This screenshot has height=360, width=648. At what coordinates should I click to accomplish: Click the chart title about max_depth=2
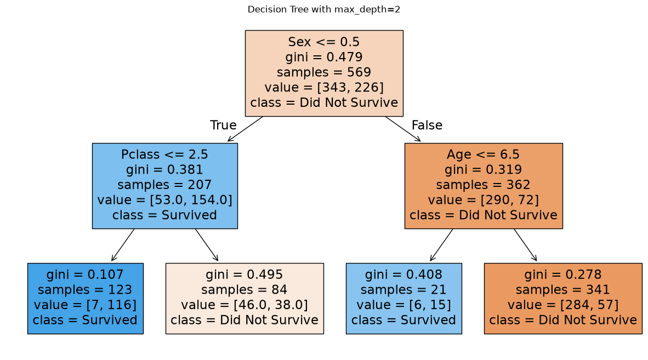pyautogui.click(x=323, y=9)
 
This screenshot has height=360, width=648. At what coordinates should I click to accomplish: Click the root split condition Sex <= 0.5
pyautogui.click(x=324, y=42)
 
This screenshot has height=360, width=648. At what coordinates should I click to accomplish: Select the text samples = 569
pyautogui.click(x=324, y=72)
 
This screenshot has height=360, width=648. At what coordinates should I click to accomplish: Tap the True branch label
pyautogui.click(x=223, y=125)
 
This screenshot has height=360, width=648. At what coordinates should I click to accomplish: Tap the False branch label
pyautogui.click(x=427, y=125)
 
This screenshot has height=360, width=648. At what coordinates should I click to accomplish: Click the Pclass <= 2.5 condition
pyautogui.click(x=164, y=155)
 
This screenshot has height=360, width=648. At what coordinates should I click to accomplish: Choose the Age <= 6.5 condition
pyautogui.click(x=483, y=155)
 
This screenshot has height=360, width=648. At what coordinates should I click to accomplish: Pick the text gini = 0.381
pyautogui.click(x=164, y=170)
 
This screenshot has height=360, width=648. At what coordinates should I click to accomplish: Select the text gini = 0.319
pyautogui.click(x=483, y=170)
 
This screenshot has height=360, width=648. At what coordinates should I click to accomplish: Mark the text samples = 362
pyautogui.click(x=483, y=185)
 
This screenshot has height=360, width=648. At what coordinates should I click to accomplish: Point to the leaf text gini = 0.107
pyautogui.click(x=85, y=275)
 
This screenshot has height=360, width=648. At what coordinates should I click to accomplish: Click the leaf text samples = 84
pyautogui.click(x=245, y=290)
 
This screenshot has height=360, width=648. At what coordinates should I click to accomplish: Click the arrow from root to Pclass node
pyautogui.click(x=245, y=129)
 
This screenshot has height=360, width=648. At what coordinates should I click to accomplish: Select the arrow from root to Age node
pyautogui.click(x=403, y=129)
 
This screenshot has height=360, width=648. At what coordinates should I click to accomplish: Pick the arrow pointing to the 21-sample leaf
pyautogui.click(x=441, y=245)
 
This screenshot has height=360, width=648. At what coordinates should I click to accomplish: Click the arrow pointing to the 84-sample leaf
pyautogui.click(x=207, y=245)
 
